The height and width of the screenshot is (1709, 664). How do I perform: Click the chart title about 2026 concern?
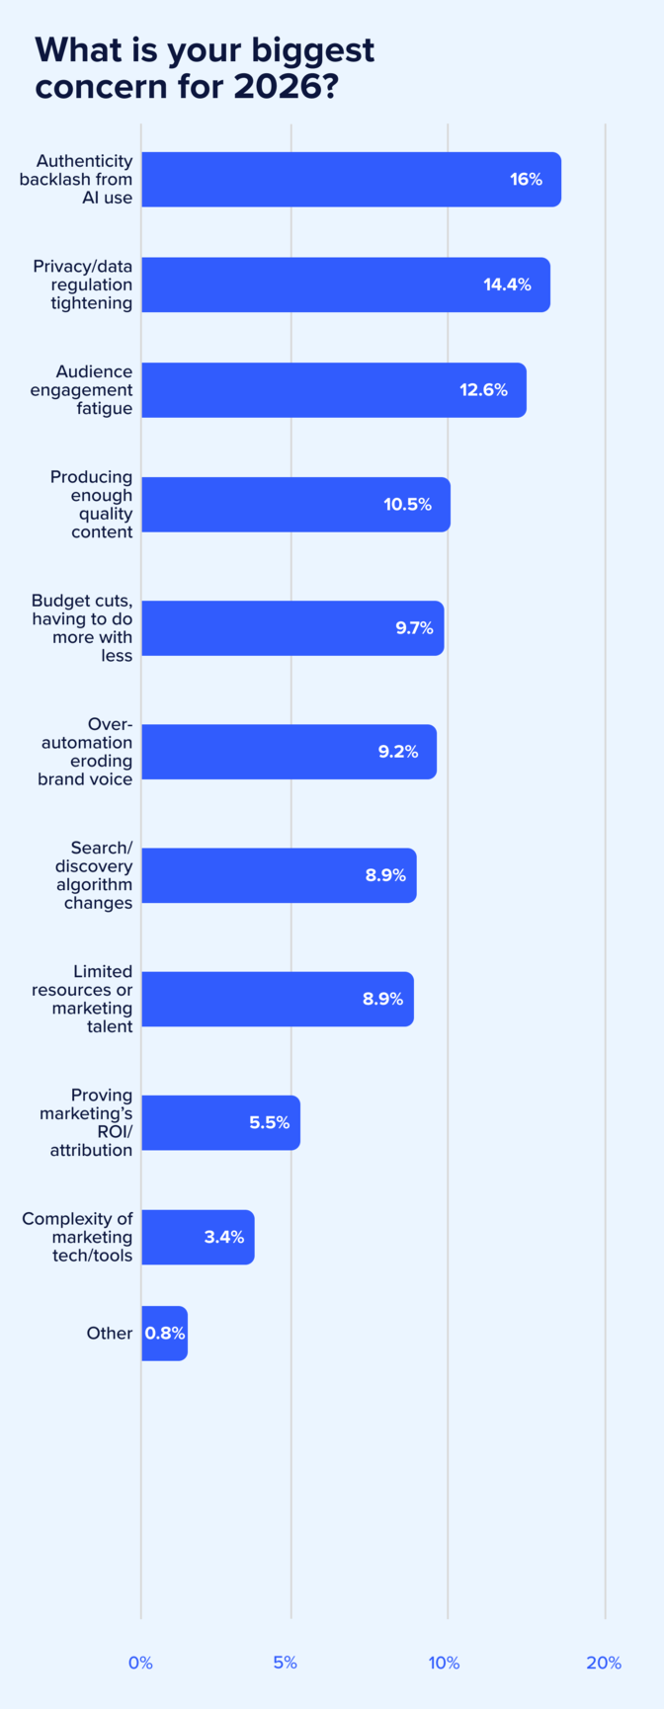(205, 68)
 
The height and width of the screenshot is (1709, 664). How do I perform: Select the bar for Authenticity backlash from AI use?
(351, 180)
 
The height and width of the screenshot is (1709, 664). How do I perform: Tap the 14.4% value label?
(507, 285)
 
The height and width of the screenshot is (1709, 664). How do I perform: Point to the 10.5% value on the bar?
(407, 505)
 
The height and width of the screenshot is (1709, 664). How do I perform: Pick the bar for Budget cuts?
(292, 628)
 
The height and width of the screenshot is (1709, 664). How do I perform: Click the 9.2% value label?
(397, 752)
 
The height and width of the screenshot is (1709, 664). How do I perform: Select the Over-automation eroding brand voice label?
(86, 752)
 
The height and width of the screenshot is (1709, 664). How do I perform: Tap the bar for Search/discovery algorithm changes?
(279, 875)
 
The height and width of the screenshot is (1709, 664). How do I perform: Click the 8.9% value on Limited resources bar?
(382, 999)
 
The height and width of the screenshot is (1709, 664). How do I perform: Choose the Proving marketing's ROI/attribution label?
(87, 1122)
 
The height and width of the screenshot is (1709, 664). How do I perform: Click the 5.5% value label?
(269, 1122)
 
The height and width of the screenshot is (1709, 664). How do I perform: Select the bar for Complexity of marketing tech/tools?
(198, 1237)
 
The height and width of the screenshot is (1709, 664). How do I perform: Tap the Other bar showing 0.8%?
(164, 1334)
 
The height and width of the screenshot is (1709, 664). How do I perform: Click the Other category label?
(109, 1334)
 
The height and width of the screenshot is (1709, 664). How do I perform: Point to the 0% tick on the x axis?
(140, 1663)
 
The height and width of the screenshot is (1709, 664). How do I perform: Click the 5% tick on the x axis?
(285, 1663)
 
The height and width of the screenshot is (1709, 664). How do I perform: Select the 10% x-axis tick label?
(444, 1663)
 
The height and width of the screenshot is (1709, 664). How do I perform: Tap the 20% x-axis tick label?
(603, 1663)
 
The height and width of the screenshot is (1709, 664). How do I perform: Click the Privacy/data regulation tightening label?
(83, 285)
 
